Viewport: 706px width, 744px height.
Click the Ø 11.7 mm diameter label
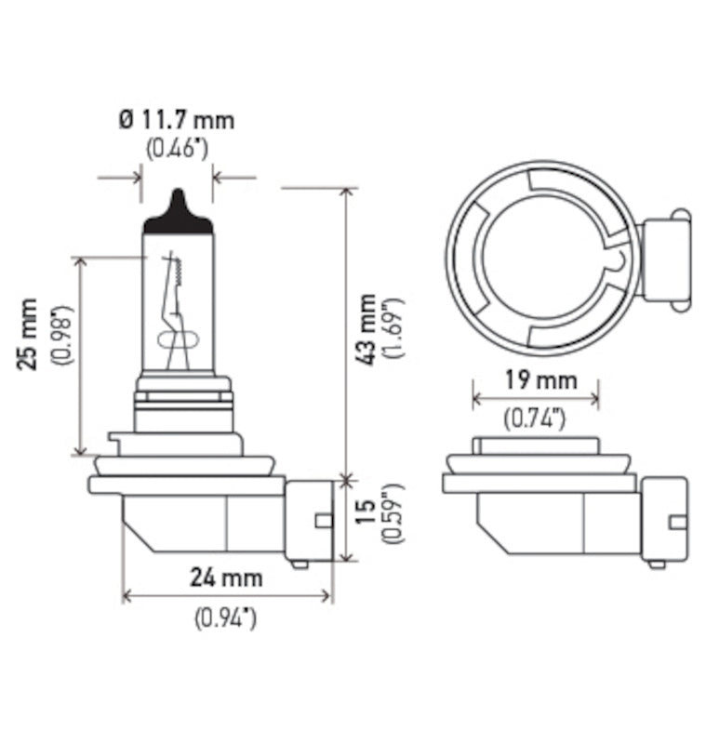pos(177,120)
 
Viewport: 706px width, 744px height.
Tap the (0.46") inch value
pos(177,148)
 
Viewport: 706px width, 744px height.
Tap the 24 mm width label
pos(227,578)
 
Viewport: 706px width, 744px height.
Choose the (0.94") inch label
pos(225,616)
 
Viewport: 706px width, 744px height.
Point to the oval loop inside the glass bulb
pos(178,339)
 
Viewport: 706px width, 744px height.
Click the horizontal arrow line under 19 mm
pos(535,399)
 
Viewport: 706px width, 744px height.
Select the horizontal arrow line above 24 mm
pos(227,596)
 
